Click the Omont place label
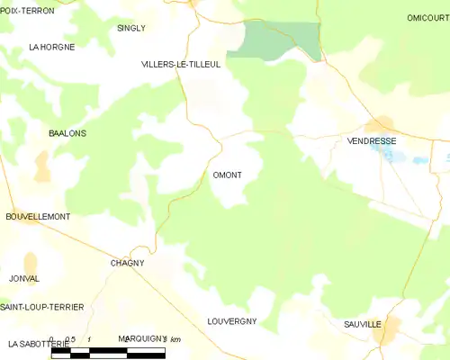(227, 175)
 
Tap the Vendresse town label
(371, 141)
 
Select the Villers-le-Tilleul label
(181, 65)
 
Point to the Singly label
(131, 28)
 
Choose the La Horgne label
(52, 46)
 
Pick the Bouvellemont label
(38, 217)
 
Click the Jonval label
(24, 279)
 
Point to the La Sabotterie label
(39, 344)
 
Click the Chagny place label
(127, 262)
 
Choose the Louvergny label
(232, 321)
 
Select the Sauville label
(363, 324)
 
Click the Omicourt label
(427, 18)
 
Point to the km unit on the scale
(175, 339)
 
